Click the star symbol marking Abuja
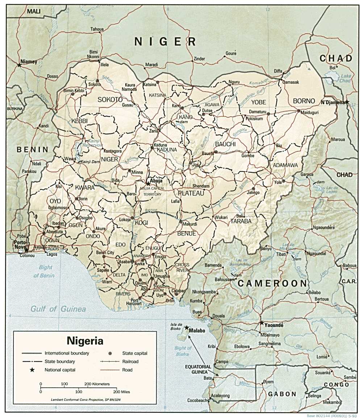(148, 184)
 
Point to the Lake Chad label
(346, 78)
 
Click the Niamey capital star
(19, 65)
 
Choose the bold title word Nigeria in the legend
(85, 341)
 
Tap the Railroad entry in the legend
(130, 361)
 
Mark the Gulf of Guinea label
(58, 309)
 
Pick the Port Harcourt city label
(134, 302)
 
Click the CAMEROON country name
(272, 283)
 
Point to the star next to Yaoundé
(261, 322)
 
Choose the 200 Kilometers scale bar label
(97, 383)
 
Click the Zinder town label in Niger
(199, 59)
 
